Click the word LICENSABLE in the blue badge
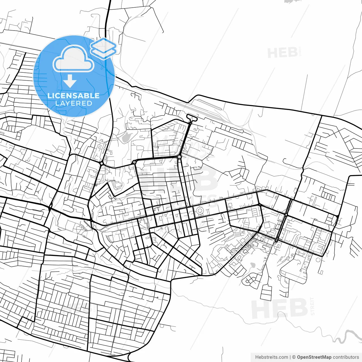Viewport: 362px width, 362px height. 74,96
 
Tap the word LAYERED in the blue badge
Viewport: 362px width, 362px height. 74,104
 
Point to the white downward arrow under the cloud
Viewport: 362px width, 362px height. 70,81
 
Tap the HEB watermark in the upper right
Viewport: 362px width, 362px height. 282,53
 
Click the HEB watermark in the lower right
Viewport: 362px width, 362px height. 279,309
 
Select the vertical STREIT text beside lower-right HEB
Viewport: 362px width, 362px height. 312,306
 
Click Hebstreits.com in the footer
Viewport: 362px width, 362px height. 271,357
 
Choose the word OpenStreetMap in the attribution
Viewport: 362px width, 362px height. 314,357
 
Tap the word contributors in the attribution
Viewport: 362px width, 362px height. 346,357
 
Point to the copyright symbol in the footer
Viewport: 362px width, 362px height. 294,357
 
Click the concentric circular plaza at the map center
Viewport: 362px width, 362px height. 200,210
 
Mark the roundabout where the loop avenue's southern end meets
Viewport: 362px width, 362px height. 179,156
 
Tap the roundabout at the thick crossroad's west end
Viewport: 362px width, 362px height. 134,162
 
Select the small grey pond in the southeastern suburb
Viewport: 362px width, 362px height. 253,265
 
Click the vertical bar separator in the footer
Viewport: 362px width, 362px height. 290,357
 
